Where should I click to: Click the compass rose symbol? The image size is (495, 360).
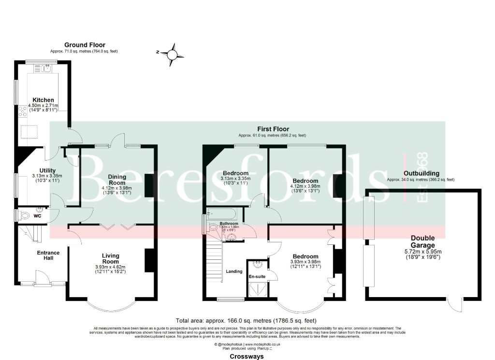coord(172,54)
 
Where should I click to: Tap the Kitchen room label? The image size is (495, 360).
coord(43,100)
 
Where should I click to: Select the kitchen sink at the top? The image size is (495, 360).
coord(47,69)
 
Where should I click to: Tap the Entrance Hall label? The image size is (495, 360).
coord(48,255)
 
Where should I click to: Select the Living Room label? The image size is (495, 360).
coord(110,258)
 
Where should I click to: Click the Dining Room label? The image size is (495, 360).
coord(117,180)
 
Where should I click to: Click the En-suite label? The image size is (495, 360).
coord(257,276)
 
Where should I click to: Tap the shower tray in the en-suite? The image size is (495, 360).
coord(257,289)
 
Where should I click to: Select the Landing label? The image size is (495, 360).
coord(234,271)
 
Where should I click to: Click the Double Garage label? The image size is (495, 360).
coord(422,241)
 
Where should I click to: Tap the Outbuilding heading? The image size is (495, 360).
coord(422,173)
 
